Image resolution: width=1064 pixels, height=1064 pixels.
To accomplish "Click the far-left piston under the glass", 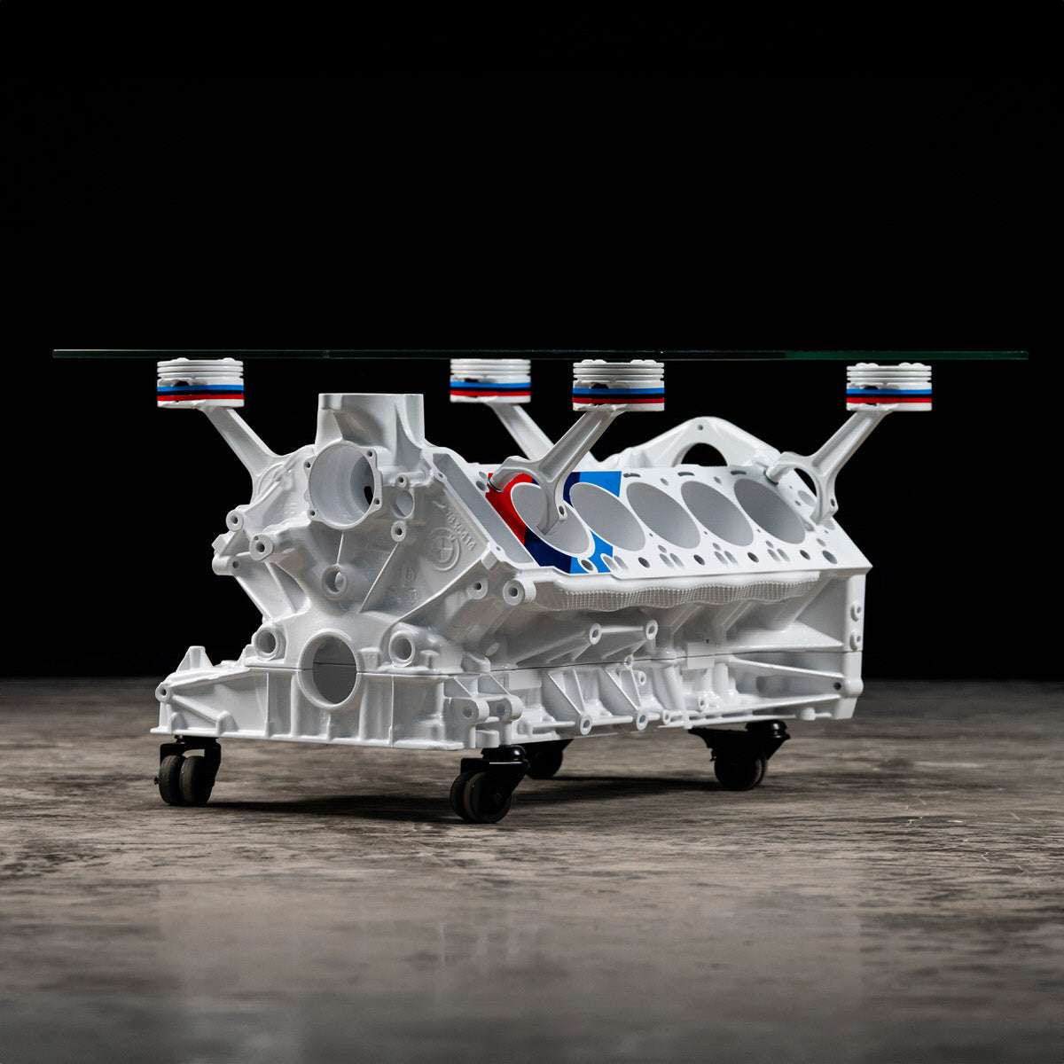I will (x=200, y=382).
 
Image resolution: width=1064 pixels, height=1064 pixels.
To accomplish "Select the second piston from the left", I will (x=489, y=379).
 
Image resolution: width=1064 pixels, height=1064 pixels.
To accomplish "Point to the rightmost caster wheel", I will (x=741, y=766).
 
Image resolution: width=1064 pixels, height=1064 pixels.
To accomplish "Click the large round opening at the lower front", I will (x=330, y=670).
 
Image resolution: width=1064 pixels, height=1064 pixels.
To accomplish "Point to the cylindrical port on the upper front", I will (x=344, y=484).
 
